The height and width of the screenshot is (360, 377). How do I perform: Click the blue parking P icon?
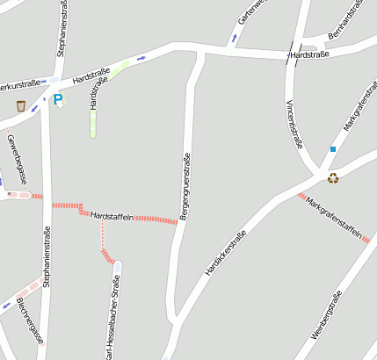coord(58,100)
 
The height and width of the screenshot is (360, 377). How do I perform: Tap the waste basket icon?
coord(21,106)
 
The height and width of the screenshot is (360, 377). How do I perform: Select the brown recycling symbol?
coord(333,178)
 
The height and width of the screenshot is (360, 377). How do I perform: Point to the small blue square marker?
coord(333,149)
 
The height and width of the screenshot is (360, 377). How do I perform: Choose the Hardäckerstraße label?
coord(225,253)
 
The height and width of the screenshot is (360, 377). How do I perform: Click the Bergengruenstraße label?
coord(185,186)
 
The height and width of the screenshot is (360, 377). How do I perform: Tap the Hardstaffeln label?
coord(112,216)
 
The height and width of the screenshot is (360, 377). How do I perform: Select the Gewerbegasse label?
coord(17,160)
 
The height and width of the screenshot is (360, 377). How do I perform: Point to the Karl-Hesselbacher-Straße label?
coord(112,320)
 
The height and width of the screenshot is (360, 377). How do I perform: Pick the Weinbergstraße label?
coord(325,321)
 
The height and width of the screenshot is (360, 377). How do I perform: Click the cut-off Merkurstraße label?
coord(19,85)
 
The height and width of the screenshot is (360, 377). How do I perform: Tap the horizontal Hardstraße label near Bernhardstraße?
coord(308,54)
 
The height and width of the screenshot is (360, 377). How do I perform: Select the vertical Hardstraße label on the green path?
coord(95,93)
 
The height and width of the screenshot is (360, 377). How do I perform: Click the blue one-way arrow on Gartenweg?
coord(234,38)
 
